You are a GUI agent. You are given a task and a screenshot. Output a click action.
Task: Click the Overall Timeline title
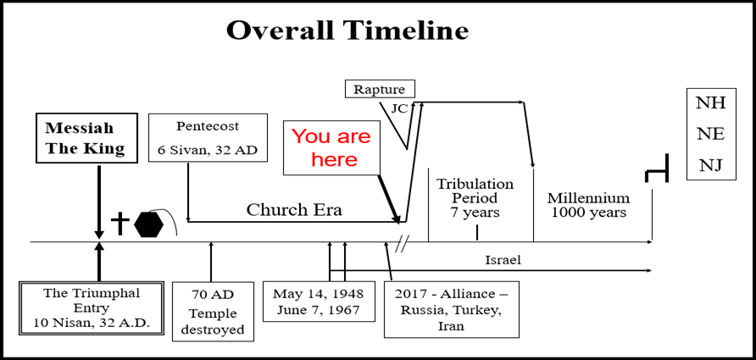coord(347,30)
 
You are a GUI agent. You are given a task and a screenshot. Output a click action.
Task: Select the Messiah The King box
coord(86,139)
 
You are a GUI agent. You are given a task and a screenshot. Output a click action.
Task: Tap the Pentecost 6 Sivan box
coord(208,138)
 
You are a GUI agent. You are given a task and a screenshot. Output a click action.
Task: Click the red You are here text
coord(331,147)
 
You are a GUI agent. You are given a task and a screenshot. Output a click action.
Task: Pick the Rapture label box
coord(381,90)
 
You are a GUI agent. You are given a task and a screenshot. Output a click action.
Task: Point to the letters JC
coord(399,108)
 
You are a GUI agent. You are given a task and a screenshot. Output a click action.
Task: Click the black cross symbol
coord(120,224)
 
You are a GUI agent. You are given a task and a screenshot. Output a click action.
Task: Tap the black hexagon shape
coord(149,224)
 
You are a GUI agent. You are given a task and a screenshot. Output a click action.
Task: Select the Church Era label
coord(294,209)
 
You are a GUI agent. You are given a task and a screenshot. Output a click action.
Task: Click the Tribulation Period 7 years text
coord(475,198)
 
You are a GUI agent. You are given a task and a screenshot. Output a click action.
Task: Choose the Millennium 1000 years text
coord(589,205)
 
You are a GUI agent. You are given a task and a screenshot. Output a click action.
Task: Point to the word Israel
coord(503,261)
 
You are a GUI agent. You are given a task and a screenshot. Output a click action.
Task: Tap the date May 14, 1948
coord(318,293)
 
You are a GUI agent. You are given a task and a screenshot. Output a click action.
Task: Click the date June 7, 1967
coord(318,310)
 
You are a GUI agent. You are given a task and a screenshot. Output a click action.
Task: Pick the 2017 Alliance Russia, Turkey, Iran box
coord(451,309)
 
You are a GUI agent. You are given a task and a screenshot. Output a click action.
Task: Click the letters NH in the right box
coord(711,103)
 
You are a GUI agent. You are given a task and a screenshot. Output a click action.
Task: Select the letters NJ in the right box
coord(711,166)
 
